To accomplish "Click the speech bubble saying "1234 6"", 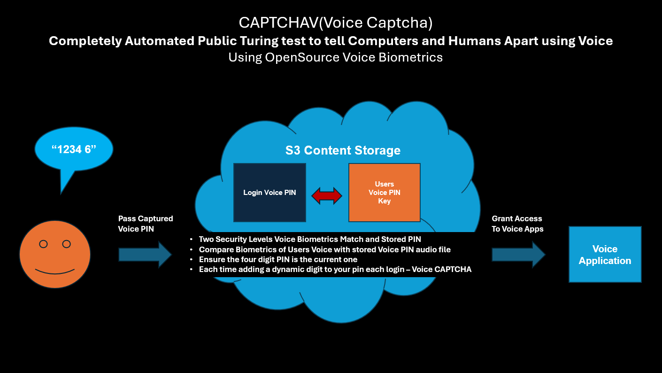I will [x=74, y=150].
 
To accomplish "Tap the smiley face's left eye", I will [x=43, y=244].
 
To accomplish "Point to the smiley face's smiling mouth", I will [x=55, y=272].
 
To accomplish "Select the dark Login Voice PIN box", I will [x=269, y=193].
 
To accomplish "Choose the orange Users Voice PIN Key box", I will [x=384, y=193].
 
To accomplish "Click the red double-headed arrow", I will [x=327, y=195].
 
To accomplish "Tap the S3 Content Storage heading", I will [x=343, y=150].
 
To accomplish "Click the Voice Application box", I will [x=605, y=255].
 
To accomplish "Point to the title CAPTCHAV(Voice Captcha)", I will [x=335, y=23].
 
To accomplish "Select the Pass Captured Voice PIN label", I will [x=146, y=224].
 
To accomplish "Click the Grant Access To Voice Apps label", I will [x=517, y=224].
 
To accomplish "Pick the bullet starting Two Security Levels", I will [x=310, y=240].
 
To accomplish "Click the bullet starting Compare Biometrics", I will [x=324, y=249].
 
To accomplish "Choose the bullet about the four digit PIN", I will [x=278, y=259].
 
